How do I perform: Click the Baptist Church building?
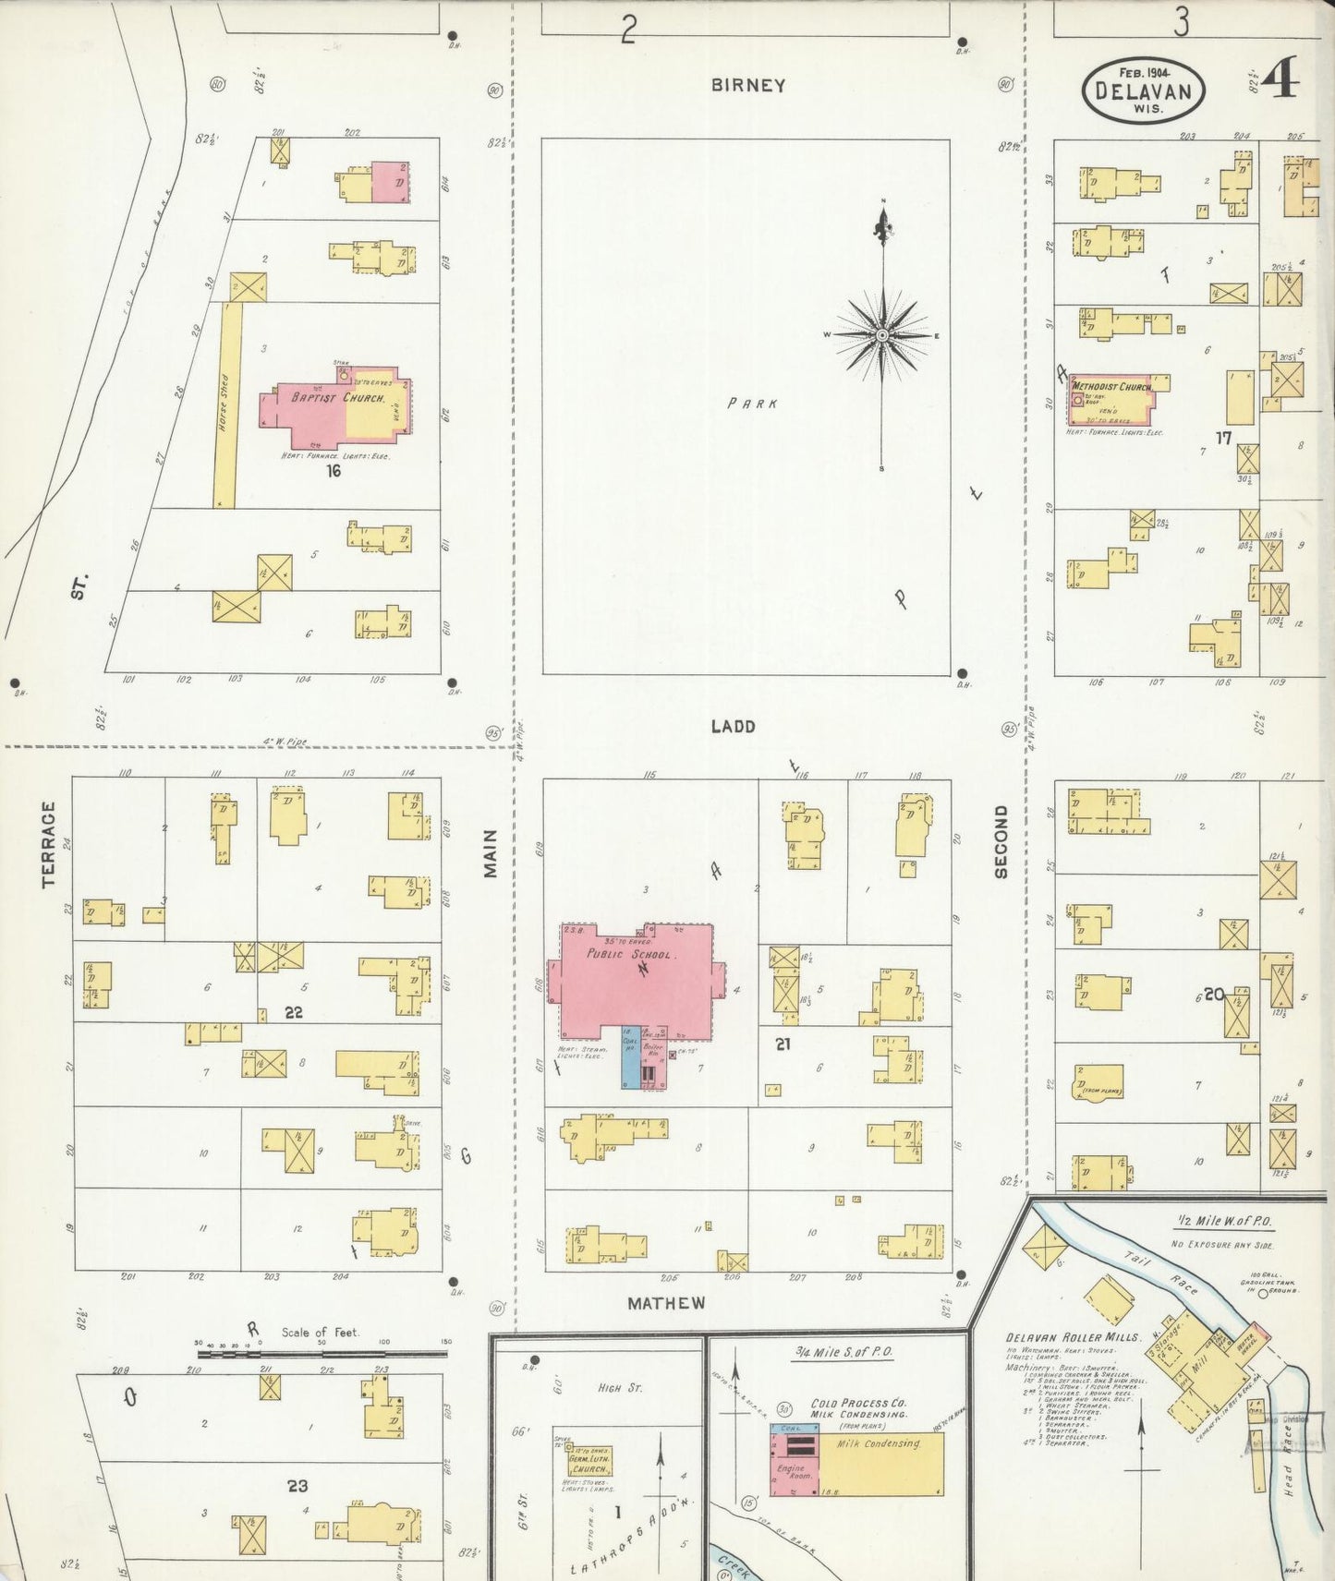(333, 406)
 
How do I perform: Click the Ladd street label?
(733, 727)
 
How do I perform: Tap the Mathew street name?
(666, 1303)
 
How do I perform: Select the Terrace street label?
(49, 843)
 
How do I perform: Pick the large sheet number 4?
(1280, 80)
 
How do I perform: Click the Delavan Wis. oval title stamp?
(1144, 90)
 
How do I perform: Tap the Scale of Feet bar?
(321, 1354)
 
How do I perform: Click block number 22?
(293, 1013)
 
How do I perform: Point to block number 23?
(297, 1486)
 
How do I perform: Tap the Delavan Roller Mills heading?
(1073, 1337)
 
